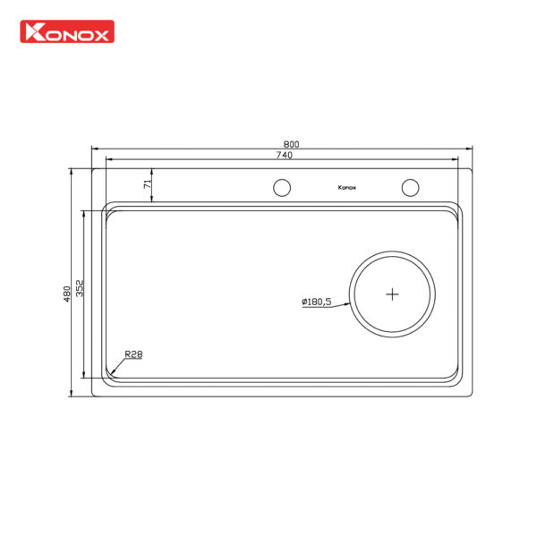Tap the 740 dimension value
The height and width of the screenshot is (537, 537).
[285, 156]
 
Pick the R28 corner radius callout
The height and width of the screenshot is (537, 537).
[133, 354]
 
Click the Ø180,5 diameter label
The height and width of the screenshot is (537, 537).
[316, 302]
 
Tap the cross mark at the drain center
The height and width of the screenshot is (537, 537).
[393, 293]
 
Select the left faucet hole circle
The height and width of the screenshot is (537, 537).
[281, 188]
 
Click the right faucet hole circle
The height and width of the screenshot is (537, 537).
[410, 188]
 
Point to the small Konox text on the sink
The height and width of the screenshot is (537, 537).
[347, 188]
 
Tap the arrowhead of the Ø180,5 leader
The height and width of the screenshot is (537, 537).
[351, 298]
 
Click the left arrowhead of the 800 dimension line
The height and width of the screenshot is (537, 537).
[94, 150]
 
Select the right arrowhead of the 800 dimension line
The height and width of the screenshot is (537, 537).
[471, 150]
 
